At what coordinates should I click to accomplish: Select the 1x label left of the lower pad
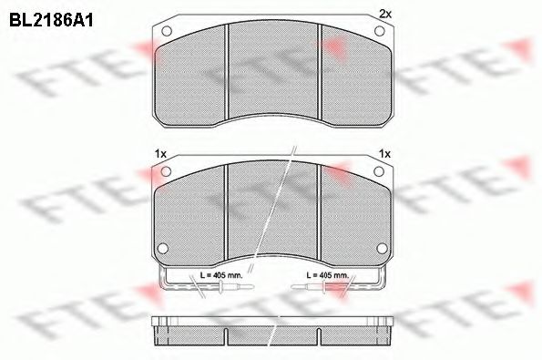pos(160,153)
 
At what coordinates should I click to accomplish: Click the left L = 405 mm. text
pos(218,274)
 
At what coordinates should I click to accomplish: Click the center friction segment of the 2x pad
pos(272,73)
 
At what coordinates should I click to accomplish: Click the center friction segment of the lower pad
pos(272,214)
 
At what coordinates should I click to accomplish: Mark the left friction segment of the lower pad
pos(191,219)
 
